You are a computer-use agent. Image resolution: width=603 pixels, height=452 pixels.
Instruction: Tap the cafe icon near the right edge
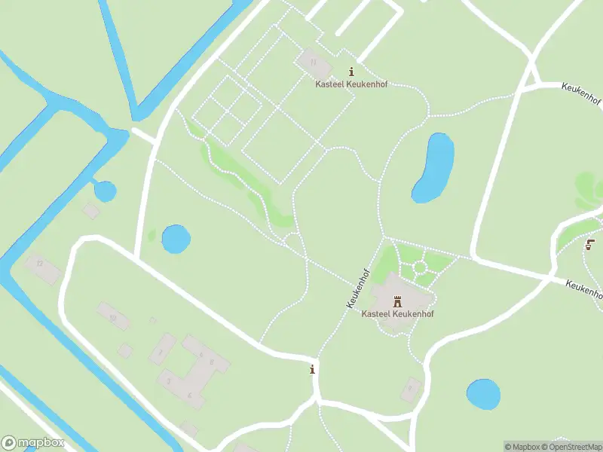[591, 243]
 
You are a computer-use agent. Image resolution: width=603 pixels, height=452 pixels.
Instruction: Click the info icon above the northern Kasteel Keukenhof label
[350, 72]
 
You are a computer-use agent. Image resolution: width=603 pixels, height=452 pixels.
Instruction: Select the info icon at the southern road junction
[312, 369]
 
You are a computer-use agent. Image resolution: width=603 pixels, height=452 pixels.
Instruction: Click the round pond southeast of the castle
[483, 394]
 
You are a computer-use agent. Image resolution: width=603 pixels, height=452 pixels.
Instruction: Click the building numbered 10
[113, 317]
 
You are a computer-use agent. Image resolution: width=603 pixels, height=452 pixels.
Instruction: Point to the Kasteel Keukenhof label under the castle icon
[397, 313]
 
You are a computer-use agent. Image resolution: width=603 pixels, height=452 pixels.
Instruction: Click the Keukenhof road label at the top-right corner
[582, 96]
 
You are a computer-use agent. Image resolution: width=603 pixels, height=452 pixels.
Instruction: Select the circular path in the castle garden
[419, 267]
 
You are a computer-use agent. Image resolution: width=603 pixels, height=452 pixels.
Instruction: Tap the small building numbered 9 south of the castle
[410, 389]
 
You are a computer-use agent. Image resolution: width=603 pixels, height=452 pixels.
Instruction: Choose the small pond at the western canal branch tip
[105, 191]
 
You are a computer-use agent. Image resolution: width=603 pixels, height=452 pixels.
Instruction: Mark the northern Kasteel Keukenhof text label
[350, 84]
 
